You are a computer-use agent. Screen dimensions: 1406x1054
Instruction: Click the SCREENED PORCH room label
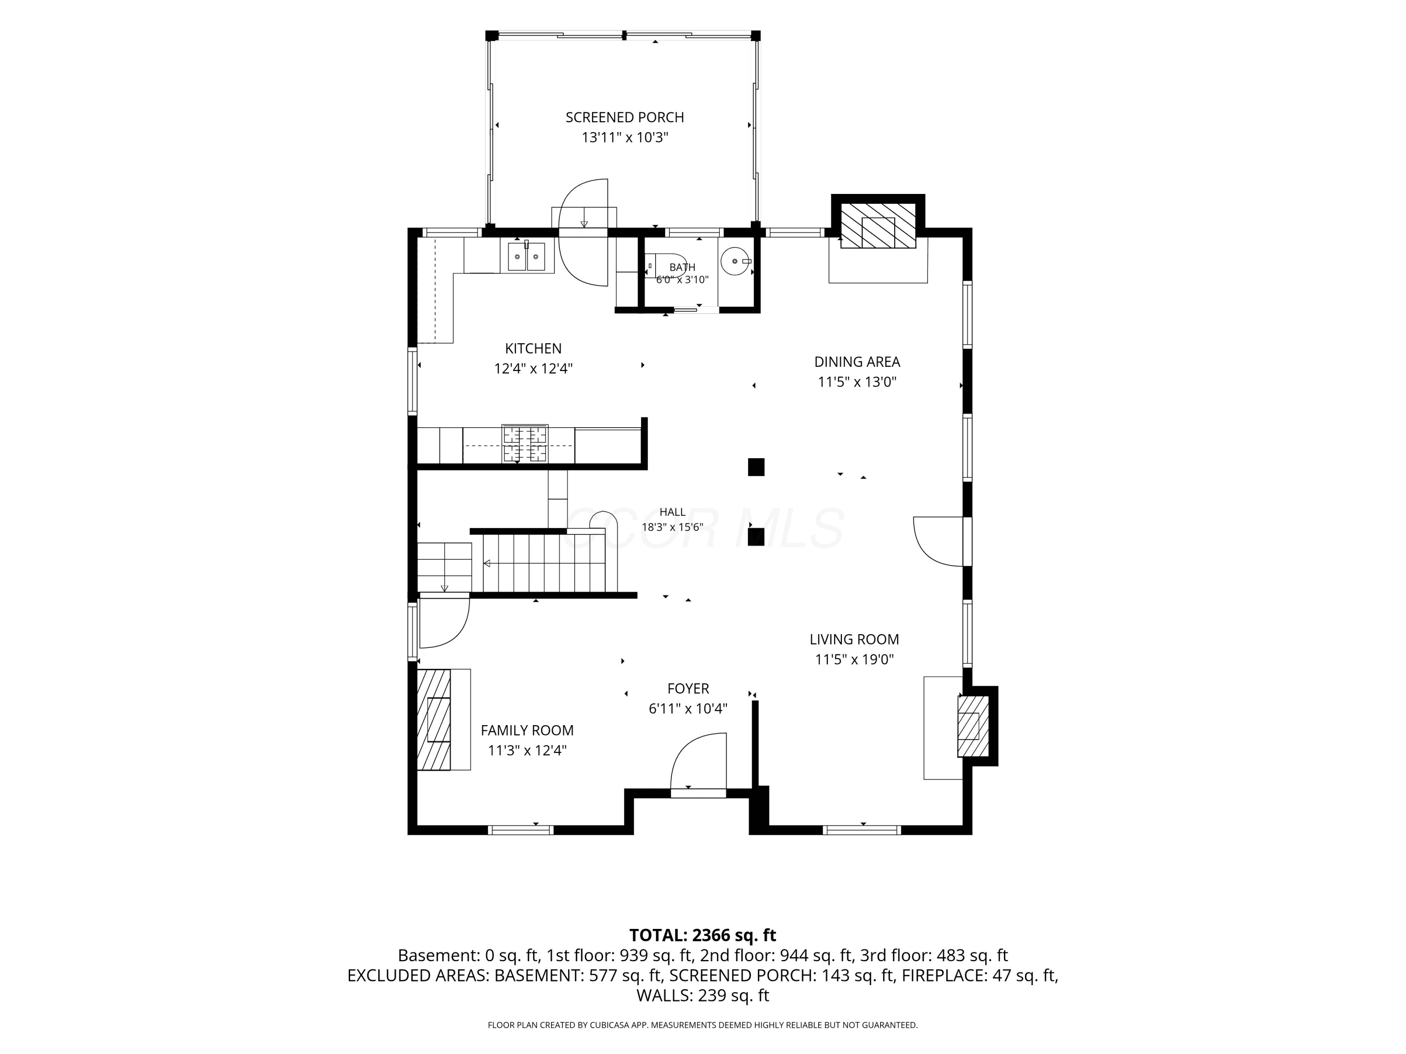[x=625, y=118]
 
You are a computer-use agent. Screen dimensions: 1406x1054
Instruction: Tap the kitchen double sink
[x=526, y=256]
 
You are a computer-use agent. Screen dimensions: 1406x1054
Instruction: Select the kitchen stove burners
[x=525, y=444]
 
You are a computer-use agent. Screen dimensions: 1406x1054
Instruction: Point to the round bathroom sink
[x=735, y=261]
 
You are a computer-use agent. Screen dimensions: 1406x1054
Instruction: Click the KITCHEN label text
[x=533, y=349]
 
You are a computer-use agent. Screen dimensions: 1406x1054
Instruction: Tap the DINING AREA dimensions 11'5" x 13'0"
[x=857, y=382]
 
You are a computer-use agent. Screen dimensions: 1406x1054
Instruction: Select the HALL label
[x=673, y=512]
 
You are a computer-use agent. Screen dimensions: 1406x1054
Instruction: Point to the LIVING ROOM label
[x=854, y=640]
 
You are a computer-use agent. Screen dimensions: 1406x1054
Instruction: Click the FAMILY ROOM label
[x=527, y=731]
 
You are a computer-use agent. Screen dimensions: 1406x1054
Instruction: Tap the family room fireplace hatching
[x=434, y=720]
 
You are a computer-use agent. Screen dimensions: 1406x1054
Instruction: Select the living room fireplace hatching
[x=973, y=726]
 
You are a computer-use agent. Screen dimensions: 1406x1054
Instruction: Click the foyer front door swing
[x=698, y=761]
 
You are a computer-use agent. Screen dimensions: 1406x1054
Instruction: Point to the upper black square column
[x=756, y=467]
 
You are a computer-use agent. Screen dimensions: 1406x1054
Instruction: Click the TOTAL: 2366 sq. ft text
[x=703, y=935]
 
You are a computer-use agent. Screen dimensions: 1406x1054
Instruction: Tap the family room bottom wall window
[x=521, y=830]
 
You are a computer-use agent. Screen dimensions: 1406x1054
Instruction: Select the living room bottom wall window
[x=862, y=830]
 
